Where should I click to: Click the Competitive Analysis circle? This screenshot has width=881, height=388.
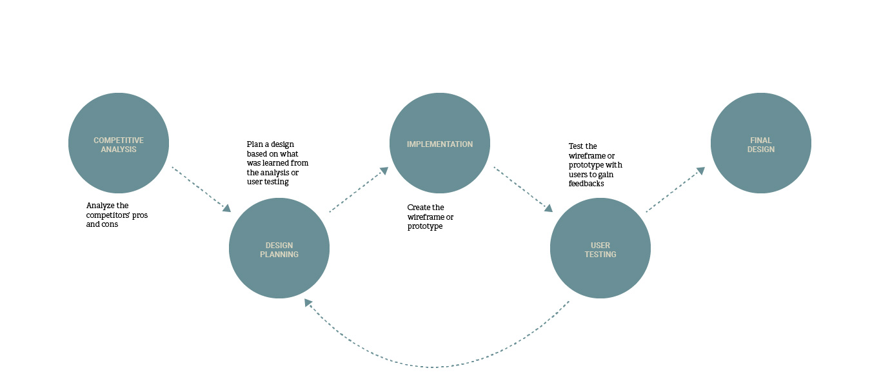[x=119, y=143]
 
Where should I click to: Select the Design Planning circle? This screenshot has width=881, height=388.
[x=279, y=248]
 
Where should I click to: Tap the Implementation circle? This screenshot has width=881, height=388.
[x=440, y=143]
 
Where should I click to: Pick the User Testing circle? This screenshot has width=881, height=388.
[x=600, y=248]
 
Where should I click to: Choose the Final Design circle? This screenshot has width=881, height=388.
[x=761, y=143]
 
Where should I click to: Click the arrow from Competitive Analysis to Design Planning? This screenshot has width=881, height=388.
[x=201, y=189]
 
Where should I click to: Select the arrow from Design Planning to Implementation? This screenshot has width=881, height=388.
[x=359, y=189]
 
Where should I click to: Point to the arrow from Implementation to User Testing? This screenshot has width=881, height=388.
[x=523, y=189]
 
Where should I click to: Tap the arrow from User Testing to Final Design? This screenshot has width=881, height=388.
[x=675, y=189]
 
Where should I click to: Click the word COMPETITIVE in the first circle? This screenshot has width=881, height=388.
[x=119, y=140]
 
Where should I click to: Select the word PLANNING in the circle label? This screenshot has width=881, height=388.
[x=279, y=254]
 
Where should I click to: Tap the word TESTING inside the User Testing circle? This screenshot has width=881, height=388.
[x=600, y=254]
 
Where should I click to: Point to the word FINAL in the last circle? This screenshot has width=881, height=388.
[x=761, y=140]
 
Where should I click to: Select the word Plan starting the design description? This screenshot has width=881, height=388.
[x=254, y=144]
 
